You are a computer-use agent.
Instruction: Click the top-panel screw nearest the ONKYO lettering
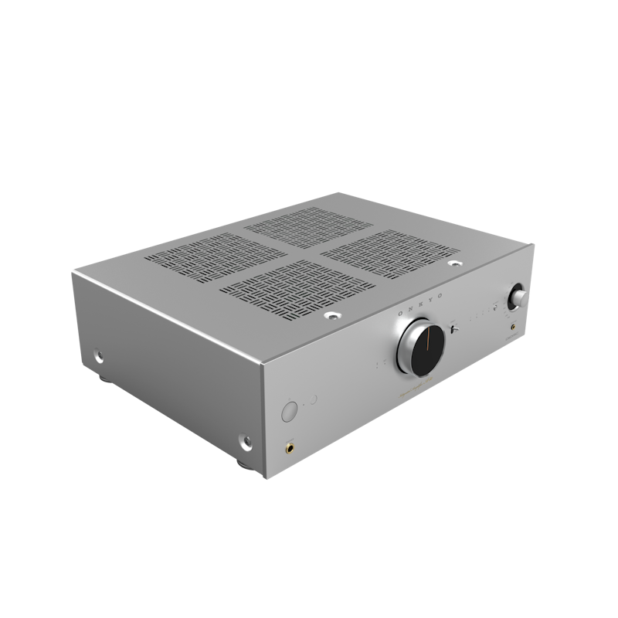click(332, 316)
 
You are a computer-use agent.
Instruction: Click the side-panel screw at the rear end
click(99, 356)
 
